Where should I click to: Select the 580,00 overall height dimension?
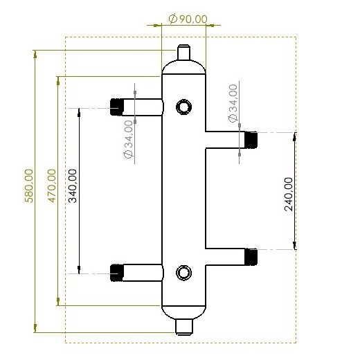(29, 186)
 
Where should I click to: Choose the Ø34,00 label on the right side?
(233, 104)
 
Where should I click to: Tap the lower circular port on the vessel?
(183, 272)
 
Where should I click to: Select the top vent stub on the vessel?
(183, 53)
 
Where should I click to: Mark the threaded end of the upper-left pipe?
(116, 107)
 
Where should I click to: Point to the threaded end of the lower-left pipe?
(116, 273)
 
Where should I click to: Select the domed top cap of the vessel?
(183, 68)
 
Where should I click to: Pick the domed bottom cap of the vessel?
(183, 311)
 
